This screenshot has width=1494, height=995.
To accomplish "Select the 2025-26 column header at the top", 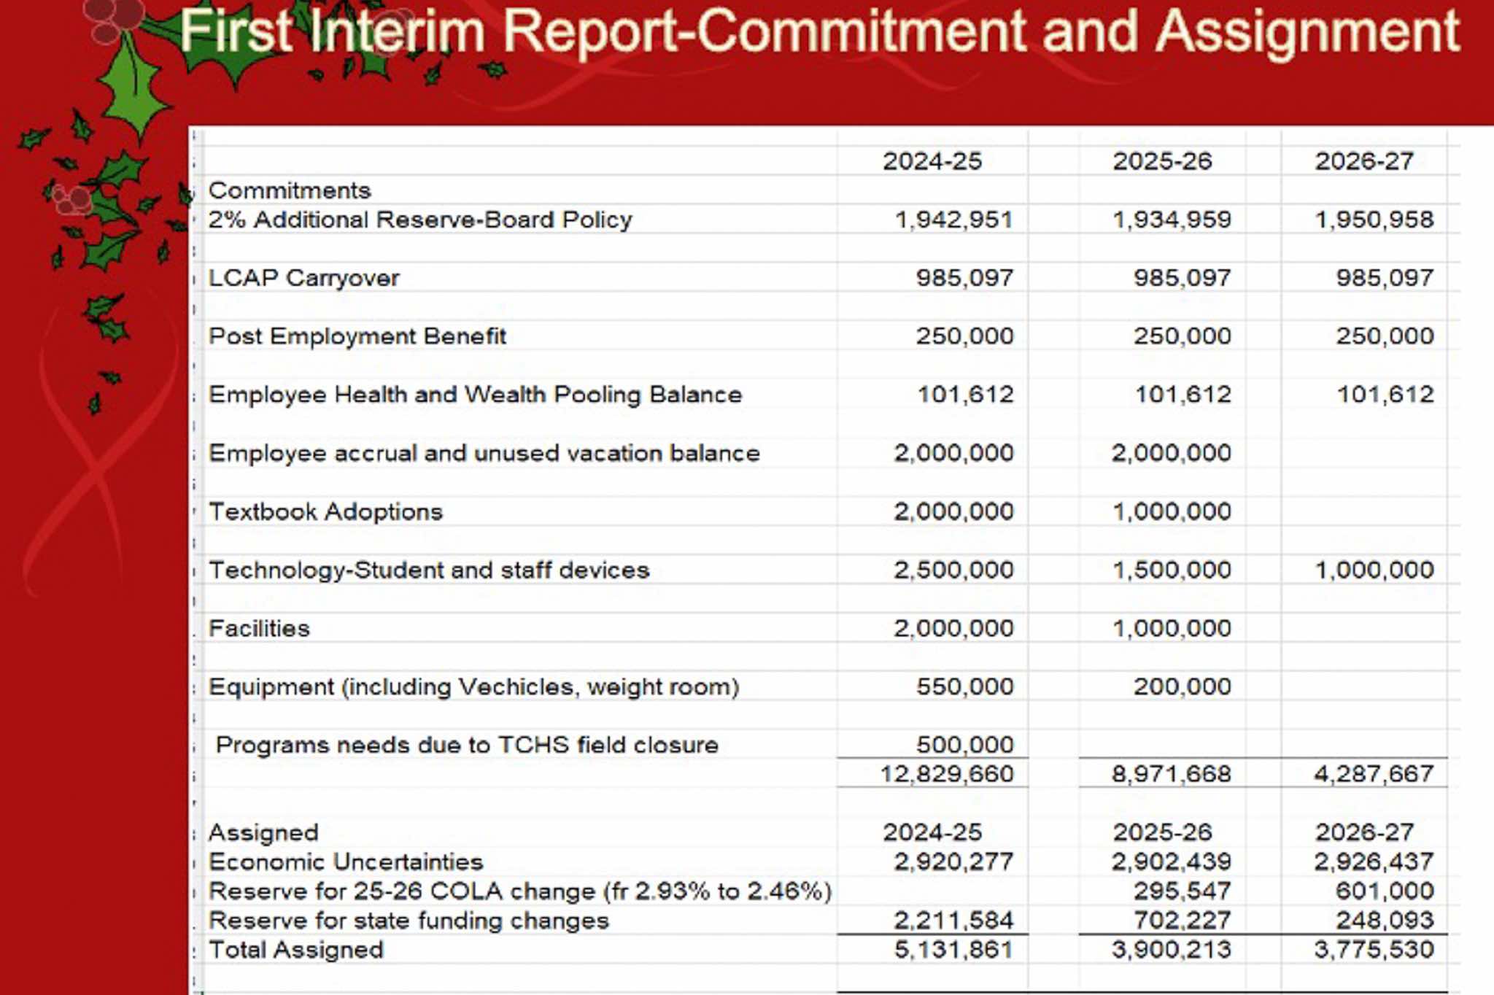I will coord(1162,160).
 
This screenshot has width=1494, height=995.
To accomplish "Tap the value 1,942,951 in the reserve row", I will coord(953,220).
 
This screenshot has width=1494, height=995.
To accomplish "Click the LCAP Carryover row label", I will coord(304,278).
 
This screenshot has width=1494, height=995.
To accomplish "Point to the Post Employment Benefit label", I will coord(357,336).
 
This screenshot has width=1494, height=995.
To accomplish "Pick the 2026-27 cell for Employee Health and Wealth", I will coord(1385,395).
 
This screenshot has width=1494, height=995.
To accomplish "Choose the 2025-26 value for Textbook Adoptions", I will coord(1172,511).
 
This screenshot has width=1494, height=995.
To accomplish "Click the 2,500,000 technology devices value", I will coord(953,570).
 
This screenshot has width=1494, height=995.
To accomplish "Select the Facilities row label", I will coord(259,628).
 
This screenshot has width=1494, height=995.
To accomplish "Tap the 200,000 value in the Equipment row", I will coord(1182,686).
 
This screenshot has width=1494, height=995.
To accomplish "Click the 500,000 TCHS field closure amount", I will coord(964,745).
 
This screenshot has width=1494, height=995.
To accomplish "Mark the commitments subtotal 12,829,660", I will coord(946,773).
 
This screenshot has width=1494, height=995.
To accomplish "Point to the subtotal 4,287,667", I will coord(1374,773).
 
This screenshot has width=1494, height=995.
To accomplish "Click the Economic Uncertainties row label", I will coord(346,862).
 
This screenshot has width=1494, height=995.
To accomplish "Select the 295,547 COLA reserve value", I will coord(1182,891).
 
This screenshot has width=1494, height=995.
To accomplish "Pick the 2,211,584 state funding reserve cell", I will coord(953,921).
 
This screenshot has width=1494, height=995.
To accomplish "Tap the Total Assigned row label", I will coord(295,950).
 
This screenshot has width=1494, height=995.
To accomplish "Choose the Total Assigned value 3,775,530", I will coord(1374,950).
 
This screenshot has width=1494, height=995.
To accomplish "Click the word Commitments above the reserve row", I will coord(290,190).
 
